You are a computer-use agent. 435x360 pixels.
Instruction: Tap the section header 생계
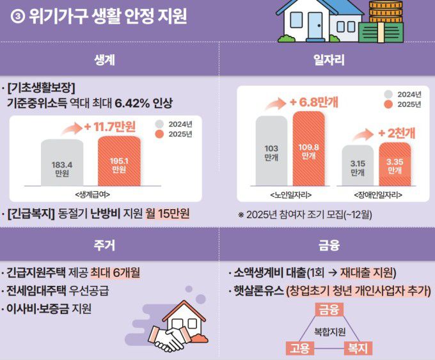(x=108, y=61)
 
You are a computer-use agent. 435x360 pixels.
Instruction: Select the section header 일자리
(x=329, y=61)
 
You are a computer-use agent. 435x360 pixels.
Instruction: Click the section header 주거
(x=108, y=245)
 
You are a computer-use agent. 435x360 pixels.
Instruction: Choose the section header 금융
(x=329, y=245)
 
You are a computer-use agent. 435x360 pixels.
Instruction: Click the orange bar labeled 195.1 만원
(x=119, y=163)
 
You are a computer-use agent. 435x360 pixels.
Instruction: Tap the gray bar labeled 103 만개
(x=271, y=151)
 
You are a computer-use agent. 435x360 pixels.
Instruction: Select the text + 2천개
(x=396, y=133)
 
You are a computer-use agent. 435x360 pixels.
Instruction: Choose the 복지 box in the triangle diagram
(x=358, y=348)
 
